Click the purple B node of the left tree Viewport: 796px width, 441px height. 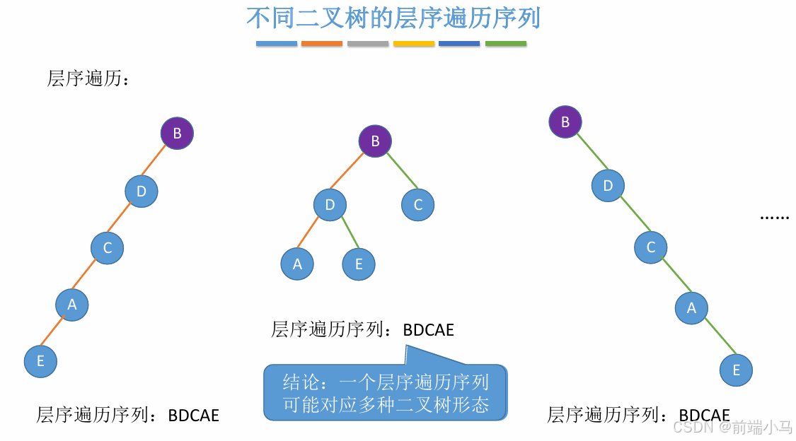tap(177, 133)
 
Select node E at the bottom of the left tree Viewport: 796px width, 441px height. tap(40, 361)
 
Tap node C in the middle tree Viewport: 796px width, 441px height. tap(417, 205)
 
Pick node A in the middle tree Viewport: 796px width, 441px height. tap(297, 264)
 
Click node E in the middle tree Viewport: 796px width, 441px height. tap(359, 264)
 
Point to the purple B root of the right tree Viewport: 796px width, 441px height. tap(565, 122)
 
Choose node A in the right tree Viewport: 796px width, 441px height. tap(691, 308)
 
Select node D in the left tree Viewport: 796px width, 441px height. tap(142, 191)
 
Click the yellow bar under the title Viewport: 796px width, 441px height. tap(414, 44)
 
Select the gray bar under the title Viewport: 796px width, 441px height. tap(368, 44)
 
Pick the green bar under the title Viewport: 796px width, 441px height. tap(506, 44)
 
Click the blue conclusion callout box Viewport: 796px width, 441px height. tap(386, 393)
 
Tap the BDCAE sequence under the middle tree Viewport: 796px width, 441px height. tap(429, 329)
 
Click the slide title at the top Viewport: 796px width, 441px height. tap(393, 18)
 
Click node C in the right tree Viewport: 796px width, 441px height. tap(651, 247)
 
